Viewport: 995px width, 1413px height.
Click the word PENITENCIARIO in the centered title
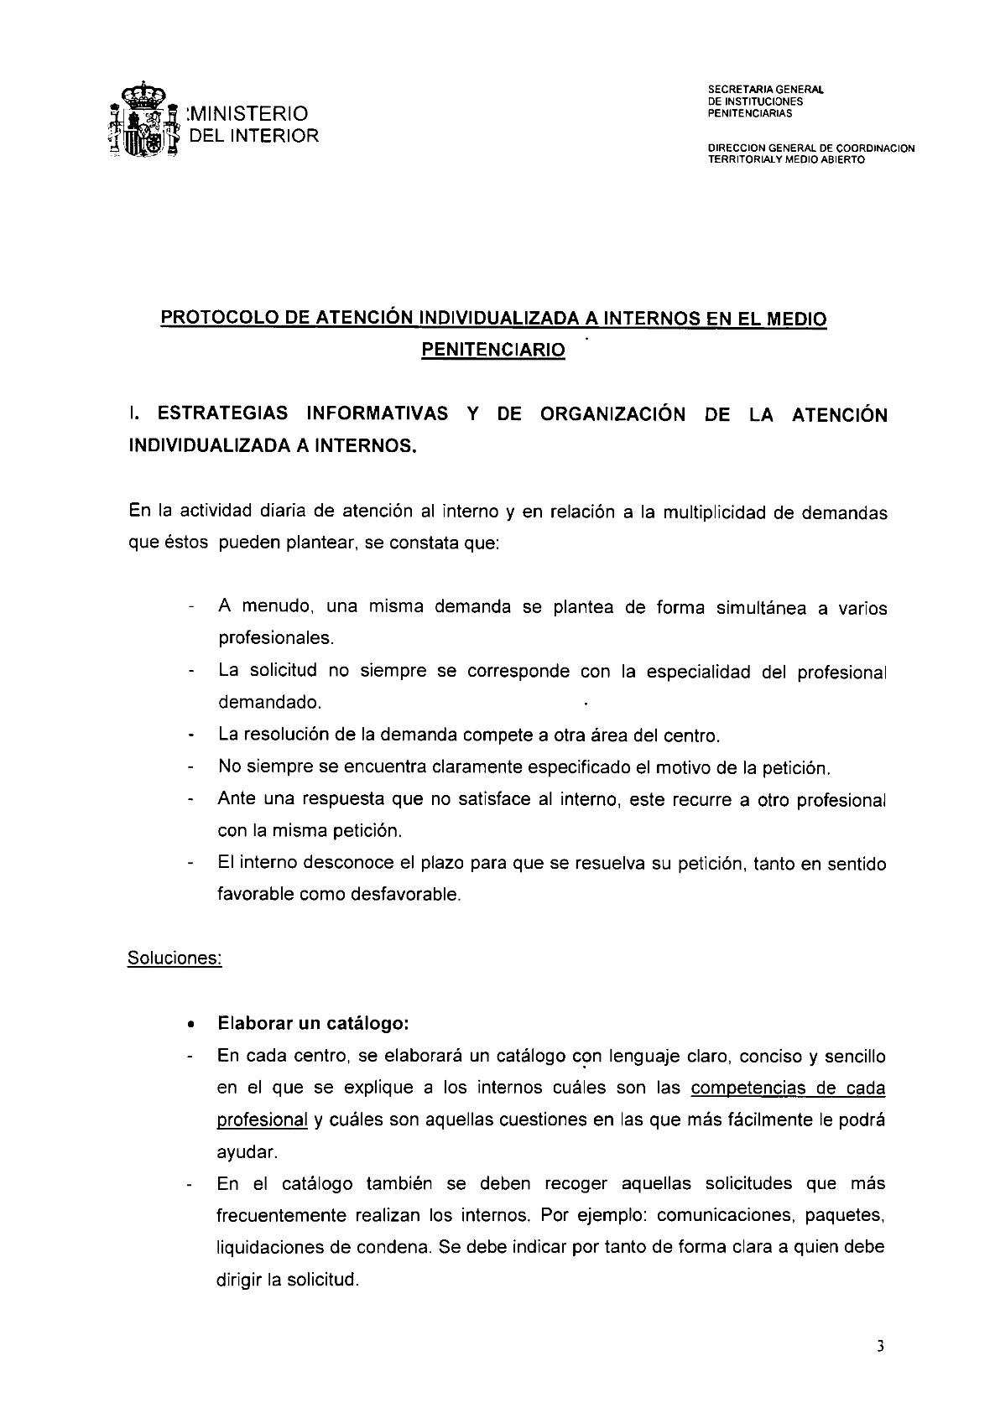[x=492, y=351]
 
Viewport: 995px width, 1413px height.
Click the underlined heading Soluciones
[x=174, y=958]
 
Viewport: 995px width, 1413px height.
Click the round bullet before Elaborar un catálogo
[x=192, y=1025]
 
